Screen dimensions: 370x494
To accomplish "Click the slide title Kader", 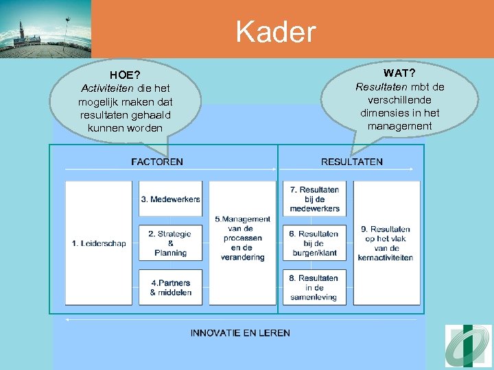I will click(276, 31).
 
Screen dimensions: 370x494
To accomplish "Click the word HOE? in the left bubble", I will click(125, 75).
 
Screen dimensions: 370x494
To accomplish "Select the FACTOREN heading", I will click(157, 162).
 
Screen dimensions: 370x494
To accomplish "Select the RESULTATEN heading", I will click(351, 162).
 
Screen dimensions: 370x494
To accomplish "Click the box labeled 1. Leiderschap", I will click(98, 243).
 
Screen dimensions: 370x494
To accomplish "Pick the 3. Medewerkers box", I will click(170, 199).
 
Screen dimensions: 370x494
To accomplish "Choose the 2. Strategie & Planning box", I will click(170, 243).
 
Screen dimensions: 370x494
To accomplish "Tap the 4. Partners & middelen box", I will click(170, 287).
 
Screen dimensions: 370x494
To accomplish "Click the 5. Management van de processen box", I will click(242, 243).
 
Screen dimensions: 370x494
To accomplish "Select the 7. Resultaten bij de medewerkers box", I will click(314, 199).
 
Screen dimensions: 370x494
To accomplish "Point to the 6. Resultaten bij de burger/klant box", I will click(314, 243).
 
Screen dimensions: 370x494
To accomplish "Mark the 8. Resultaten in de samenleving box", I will click(314, 287).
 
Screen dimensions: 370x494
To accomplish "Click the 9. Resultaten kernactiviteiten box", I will click(386, 243).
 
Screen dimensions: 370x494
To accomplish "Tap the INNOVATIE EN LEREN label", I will click(240, 333).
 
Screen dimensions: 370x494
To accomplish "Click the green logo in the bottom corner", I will click(468, 347).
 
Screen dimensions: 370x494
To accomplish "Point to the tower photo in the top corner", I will click(45, 29).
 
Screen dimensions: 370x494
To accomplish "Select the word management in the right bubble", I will click(399, 126).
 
